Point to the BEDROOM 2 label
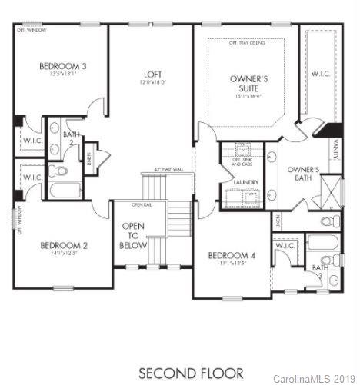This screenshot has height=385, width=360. tap(63, 246)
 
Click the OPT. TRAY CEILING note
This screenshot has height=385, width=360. tap(247, 43)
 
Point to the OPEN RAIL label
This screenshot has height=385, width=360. tap(141, 204)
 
